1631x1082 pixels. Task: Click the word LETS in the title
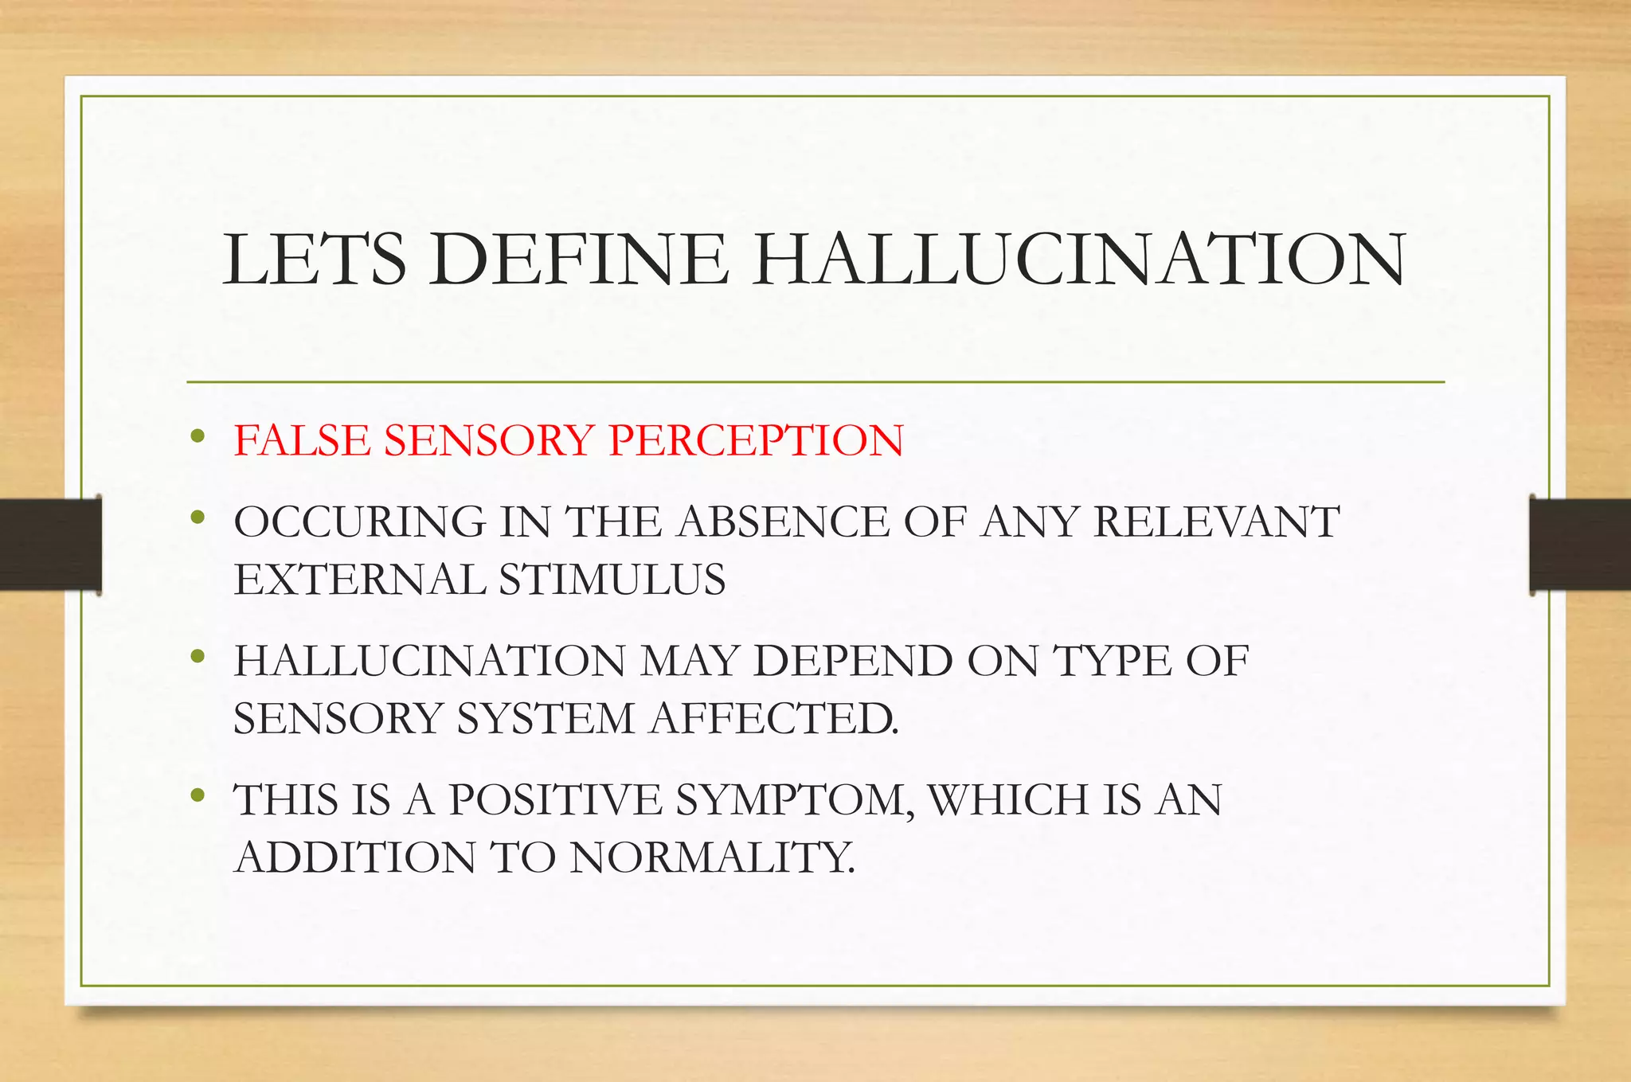click(x=314, y=260)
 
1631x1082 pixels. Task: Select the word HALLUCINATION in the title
click(x=1079, y=260)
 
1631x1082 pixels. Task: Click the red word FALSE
click(x=301, y=440)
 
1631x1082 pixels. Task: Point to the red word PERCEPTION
click(x=756, y=440)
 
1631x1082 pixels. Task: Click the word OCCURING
click(x=359, y=522)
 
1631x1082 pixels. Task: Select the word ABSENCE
click(x=784, y=522)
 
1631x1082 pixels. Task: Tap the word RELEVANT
click(x=1216, y=522)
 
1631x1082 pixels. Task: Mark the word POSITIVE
click(x=555, y=800)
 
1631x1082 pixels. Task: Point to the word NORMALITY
click(x=712, y=857)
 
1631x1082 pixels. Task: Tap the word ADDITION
click(x=354, y=857)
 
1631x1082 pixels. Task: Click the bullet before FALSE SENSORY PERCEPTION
click(x=198, y=436)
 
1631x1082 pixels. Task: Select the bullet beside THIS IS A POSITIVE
click(x=198, y=795)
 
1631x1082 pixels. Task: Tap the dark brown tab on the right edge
click(x=1580, y=544)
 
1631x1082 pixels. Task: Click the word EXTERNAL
click(x=359, y=580)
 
